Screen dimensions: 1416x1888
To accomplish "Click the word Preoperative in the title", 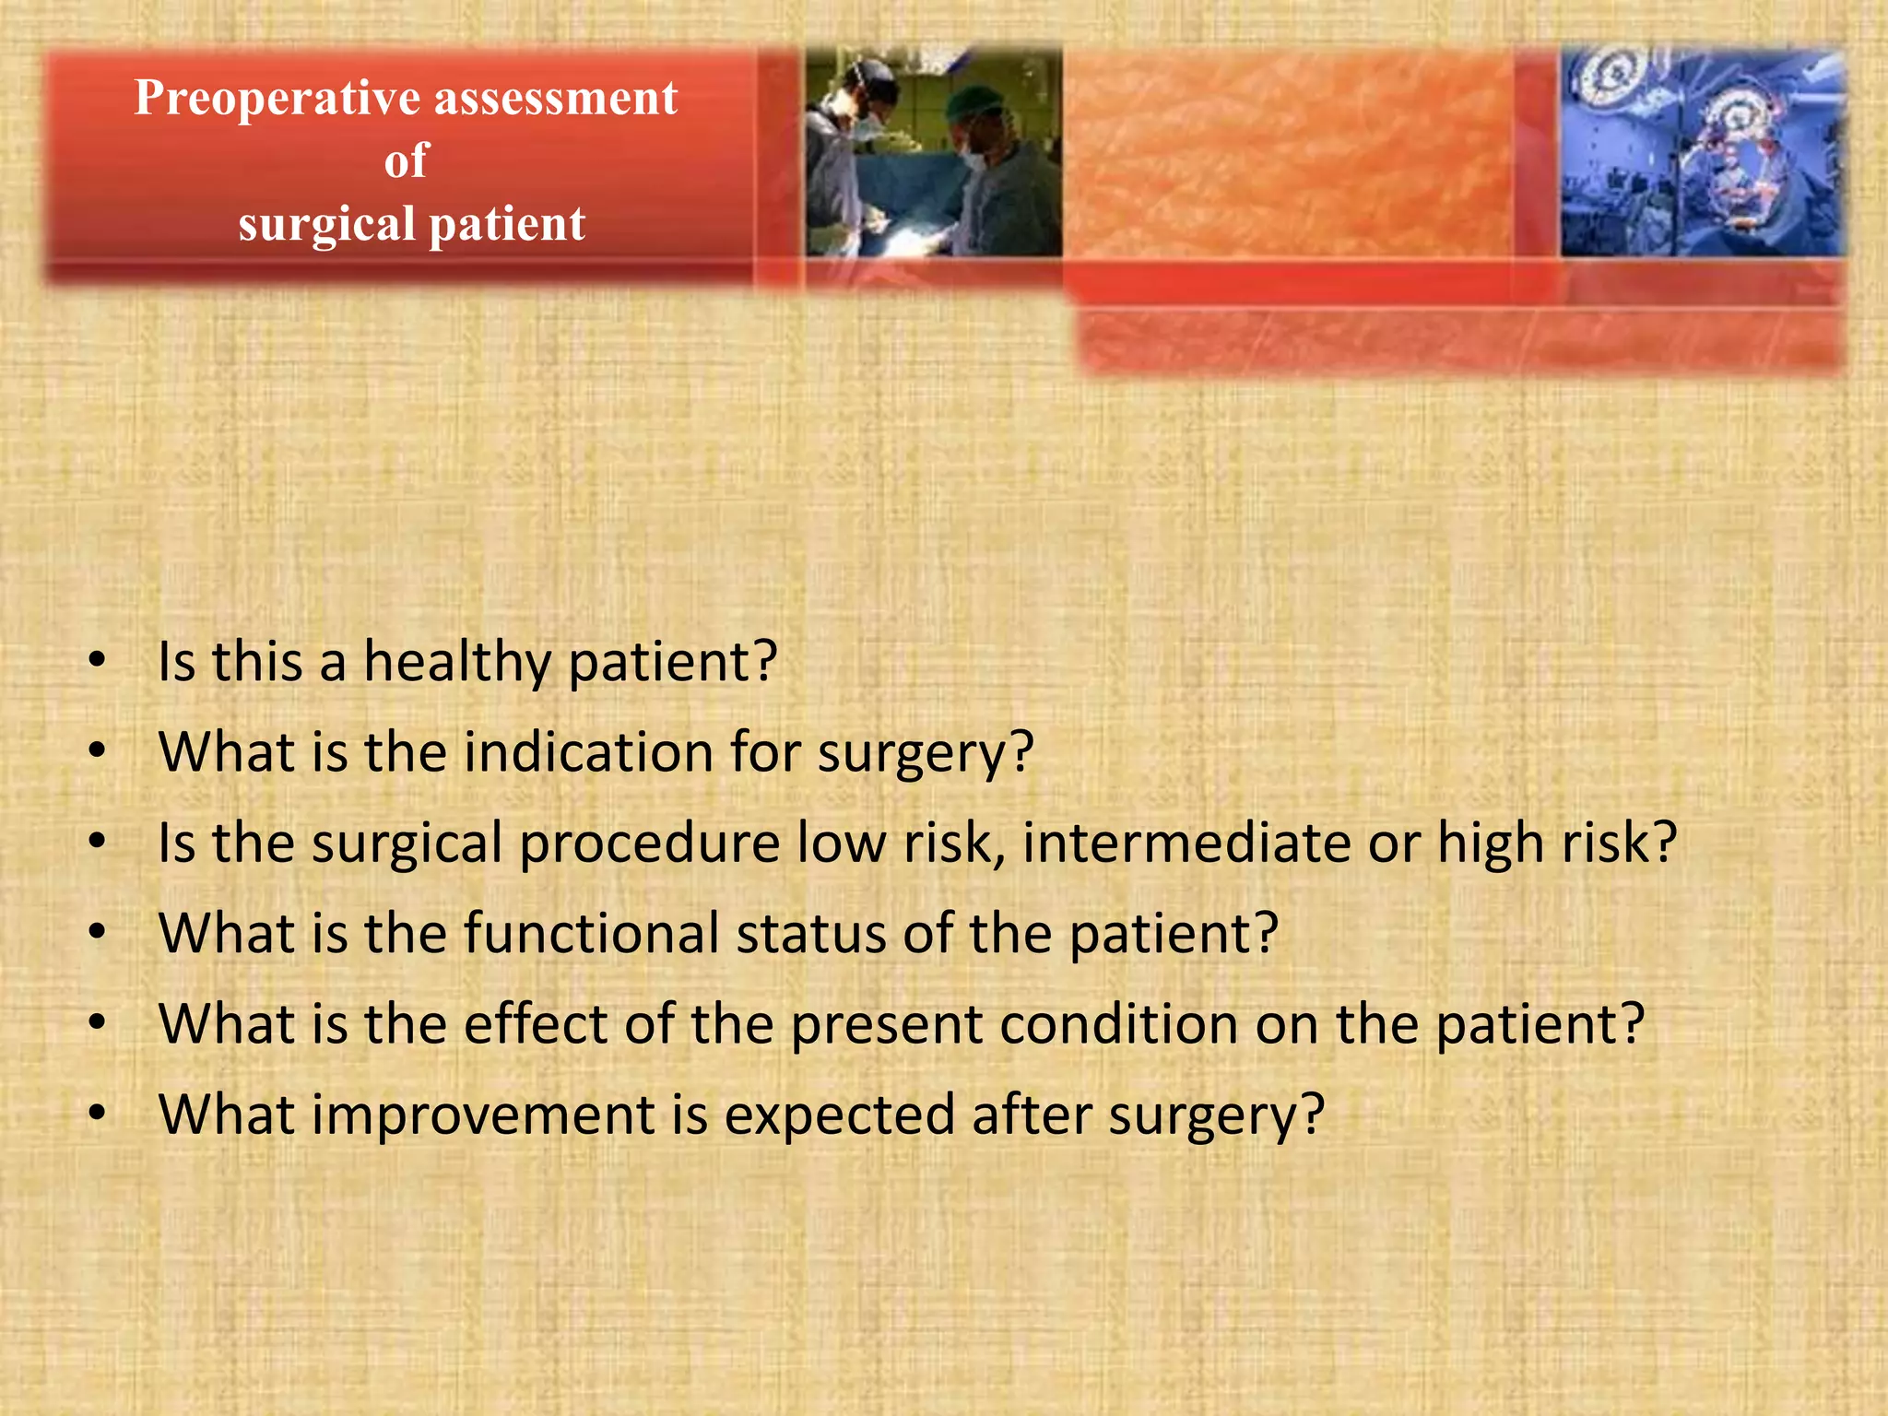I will tap(277, 99).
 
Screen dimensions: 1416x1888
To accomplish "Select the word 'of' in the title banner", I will tap(407, 161).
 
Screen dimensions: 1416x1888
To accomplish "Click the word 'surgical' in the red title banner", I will tap(326, 225).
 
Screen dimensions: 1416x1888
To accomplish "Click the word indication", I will tap(588, 753).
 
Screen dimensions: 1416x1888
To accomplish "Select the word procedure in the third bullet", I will tap(650, 844).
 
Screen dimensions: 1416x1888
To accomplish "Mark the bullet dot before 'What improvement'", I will tap(98, 1114).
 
